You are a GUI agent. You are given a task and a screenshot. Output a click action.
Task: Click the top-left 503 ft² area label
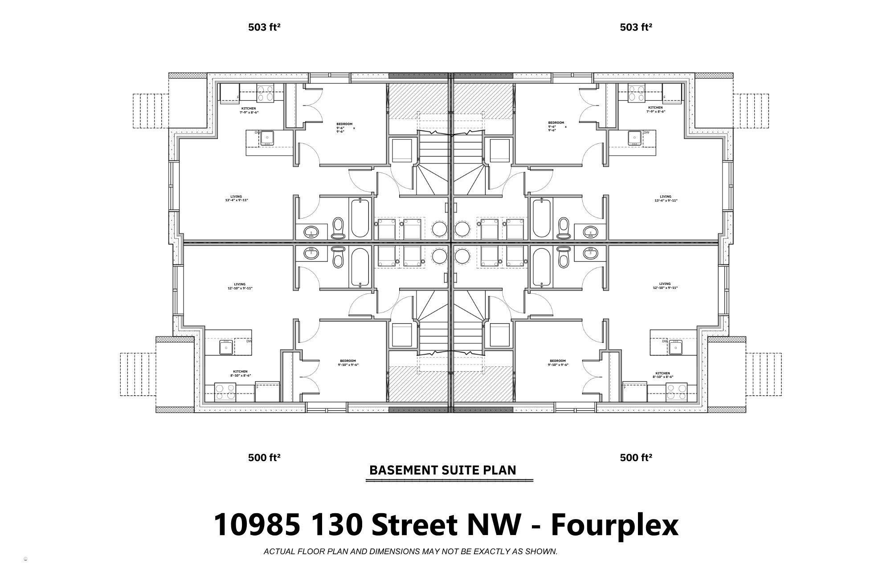click(x=264, y=27)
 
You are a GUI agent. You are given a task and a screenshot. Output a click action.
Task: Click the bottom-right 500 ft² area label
click(x=636, y=458)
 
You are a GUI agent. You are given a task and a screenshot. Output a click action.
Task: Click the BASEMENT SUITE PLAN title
click(x=443, y=470)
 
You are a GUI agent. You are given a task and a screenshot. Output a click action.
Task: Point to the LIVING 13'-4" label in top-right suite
click(x=666, y=199)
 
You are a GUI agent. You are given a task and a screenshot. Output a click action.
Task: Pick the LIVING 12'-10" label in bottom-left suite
click(x=240, y=286)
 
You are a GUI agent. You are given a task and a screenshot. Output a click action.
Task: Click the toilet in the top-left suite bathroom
click(x=339, y=228)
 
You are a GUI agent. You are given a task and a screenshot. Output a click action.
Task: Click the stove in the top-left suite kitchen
click(x=266, y=94)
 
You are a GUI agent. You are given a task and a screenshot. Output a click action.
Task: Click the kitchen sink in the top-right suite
click(x=634, y=138)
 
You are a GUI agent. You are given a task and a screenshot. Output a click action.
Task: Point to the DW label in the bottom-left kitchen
click(x=249, y=341)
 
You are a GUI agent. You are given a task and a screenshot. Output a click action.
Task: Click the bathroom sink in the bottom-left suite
click(x=311, y=253)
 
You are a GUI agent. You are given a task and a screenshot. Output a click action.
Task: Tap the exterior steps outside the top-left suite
click(x=151, y=111)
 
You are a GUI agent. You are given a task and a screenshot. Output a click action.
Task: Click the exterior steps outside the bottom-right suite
click(x=764, y=374)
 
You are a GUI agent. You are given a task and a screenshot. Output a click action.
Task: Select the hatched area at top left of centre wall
click(x=418, y=101)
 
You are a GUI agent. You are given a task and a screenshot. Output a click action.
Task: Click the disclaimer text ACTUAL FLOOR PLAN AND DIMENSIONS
click(x=410, y=552)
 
